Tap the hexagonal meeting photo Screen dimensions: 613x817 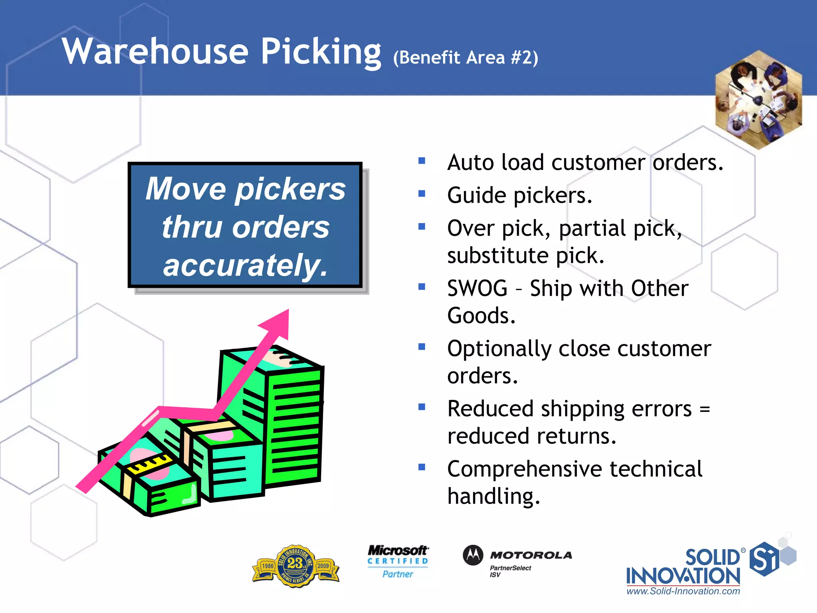758,100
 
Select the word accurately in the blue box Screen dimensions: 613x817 245,265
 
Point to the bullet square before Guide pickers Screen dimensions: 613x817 422,194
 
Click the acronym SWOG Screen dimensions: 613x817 477,288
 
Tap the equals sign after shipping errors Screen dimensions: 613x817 705,409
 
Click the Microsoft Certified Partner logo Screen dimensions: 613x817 398,562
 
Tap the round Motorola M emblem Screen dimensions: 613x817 473,555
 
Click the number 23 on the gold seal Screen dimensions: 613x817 295,563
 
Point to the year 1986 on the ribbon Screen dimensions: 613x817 268,566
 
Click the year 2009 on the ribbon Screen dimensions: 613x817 323,566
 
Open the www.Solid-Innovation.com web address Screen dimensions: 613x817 683,591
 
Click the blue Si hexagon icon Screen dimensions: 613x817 764,559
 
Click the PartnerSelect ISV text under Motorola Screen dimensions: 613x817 510,571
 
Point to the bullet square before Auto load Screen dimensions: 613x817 422,161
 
